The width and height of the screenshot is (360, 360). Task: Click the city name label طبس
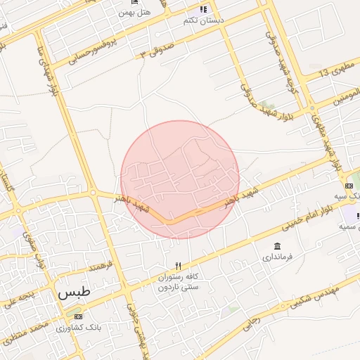coord(70,292)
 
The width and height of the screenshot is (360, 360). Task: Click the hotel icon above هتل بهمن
coord(134,3)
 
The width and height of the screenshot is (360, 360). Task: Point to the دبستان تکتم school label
coord(204,20)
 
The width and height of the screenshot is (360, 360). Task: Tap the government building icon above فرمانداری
coord(276,246)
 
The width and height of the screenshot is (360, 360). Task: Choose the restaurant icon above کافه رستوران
coord(179,266)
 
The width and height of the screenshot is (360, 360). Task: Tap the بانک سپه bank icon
coord(349,186)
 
